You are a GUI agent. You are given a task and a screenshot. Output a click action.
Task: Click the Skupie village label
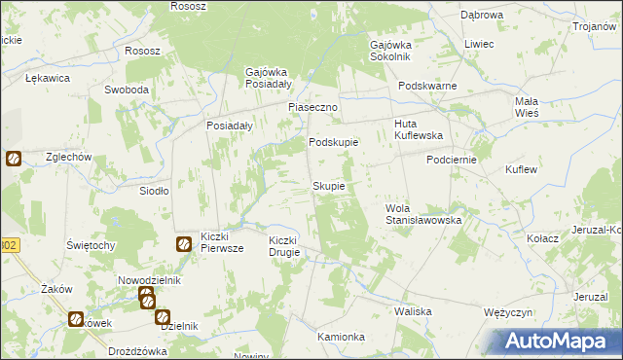328,186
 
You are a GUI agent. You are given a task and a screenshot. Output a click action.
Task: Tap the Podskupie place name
334,142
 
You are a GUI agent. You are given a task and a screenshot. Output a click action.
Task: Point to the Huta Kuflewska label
419,130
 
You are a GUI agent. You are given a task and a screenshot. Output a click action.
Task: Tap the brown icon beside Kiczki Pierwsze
183,244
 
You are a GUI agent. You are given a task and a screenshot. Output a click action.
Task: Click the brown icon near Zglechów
13,158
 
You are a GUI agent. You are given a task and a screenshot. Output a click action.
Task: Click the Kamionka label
341,337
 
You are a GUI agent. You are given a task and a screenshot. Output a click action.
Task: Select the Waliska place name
413,311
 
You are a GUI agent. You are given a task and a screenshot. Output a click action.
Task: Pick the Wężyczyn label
506,312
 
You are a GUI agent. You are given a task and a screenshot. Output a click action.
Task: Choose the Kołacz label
542,238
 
